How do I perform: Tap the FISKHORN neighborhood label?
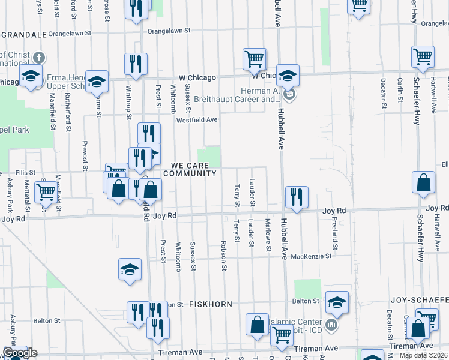(x=211, y=304)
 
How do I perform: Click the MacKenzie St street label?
(x=311, y=256)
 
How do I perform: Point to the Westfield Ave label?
(x=196, y=119)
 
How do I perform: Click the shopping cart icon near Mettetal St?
(x=46, y=193)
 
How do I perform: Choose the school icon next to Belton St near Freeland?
(x=337, y=302)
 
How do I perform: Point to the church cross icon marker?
(x=38, y=58)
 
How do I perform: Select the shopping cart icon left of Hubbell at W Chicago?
(x=255, y=59)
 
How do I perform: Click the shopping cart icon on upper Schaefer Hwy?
(x=423, y=56)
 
